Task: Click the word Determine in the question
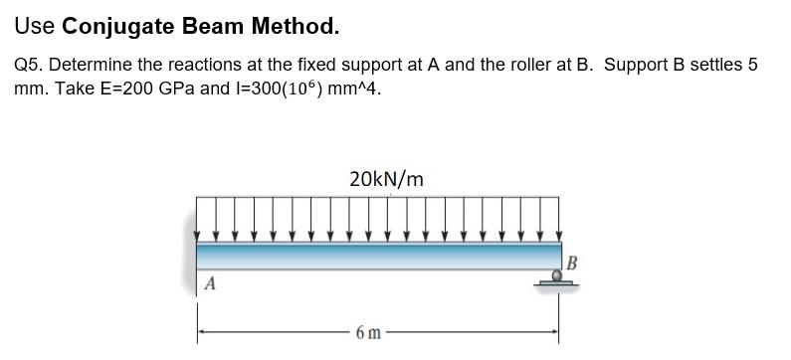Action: click(89, 65)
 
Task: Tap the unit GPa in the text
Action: click(177, 88)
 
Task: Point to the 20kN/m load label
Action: click(386, 179)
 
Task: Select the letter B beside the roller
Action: click(571, 263)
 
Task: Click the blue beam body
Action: click(378, 255)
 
